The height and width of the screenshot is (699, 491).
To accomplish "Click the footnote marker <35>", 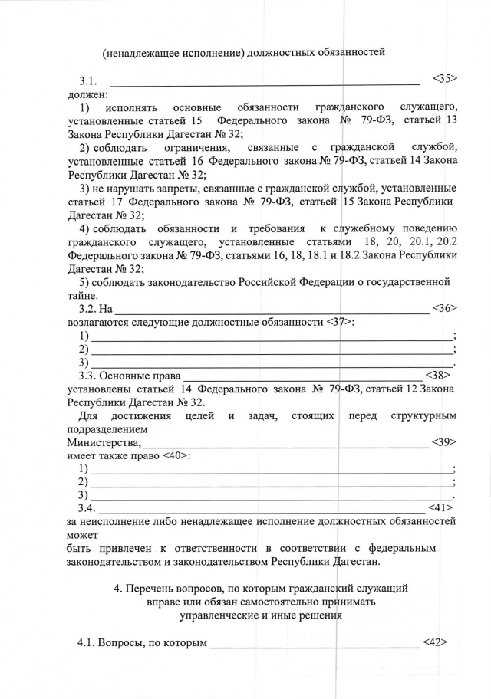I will tap(445, 79).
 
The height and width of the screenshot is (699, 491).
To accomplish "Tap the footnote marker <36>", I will tap(445, 309).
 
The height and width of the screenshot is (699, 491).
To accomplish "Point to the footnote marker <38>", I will tap(437, 376).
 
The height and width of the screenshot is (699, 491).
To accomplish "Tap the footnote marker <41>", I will tap(440, 508).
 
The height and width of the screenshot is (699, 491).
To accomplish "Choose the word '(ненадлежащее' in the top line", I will tap(142, 52).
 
